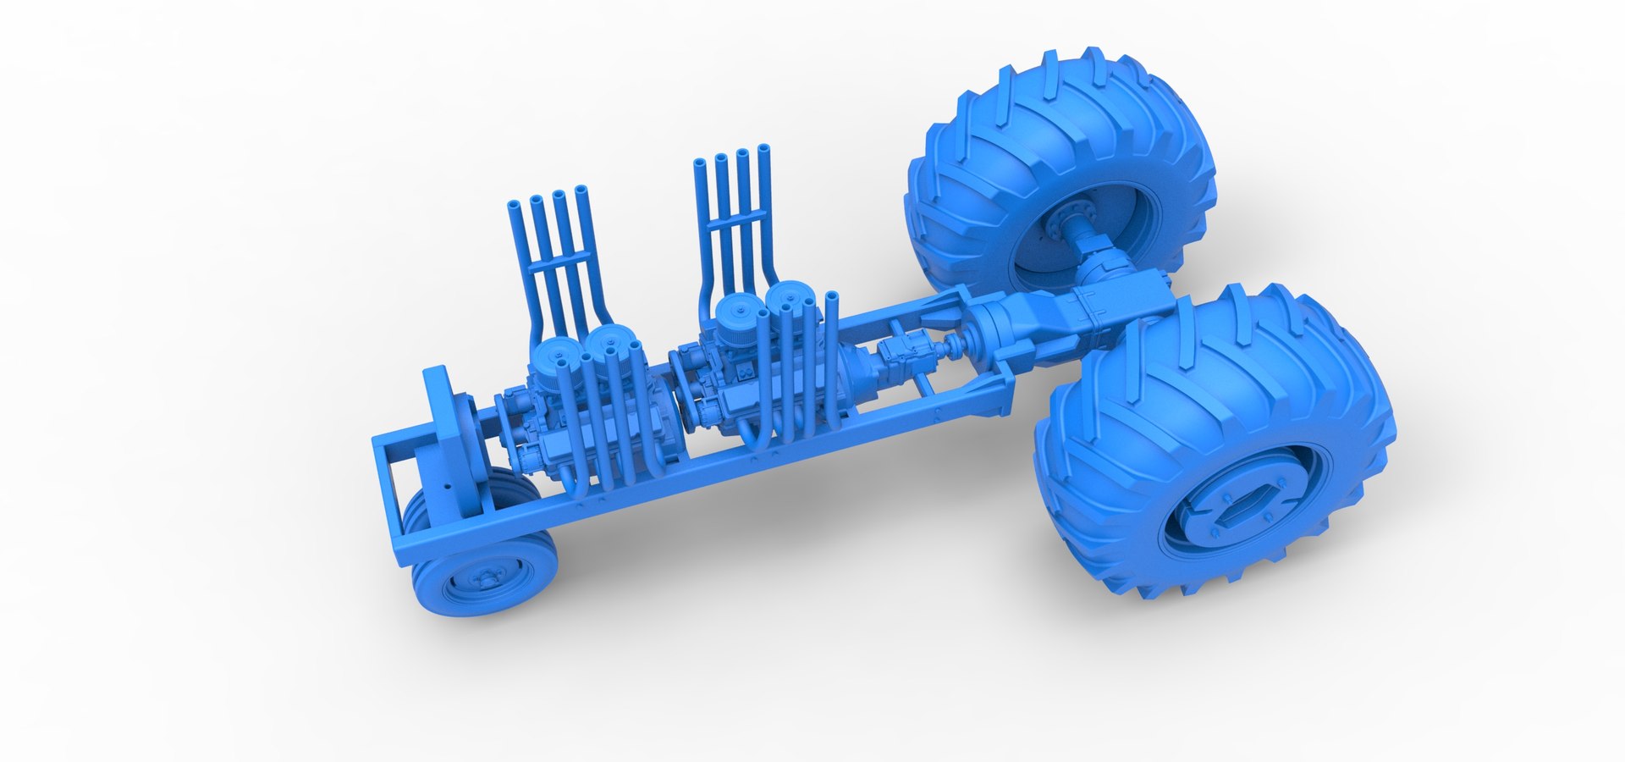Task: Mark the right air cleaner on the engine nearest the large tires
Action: (x=790, y=298)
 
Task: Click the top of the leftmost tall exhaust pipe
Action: (x=515, y=205)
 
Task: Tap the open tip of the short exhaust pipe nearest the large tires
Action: (x=832, y=298)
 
